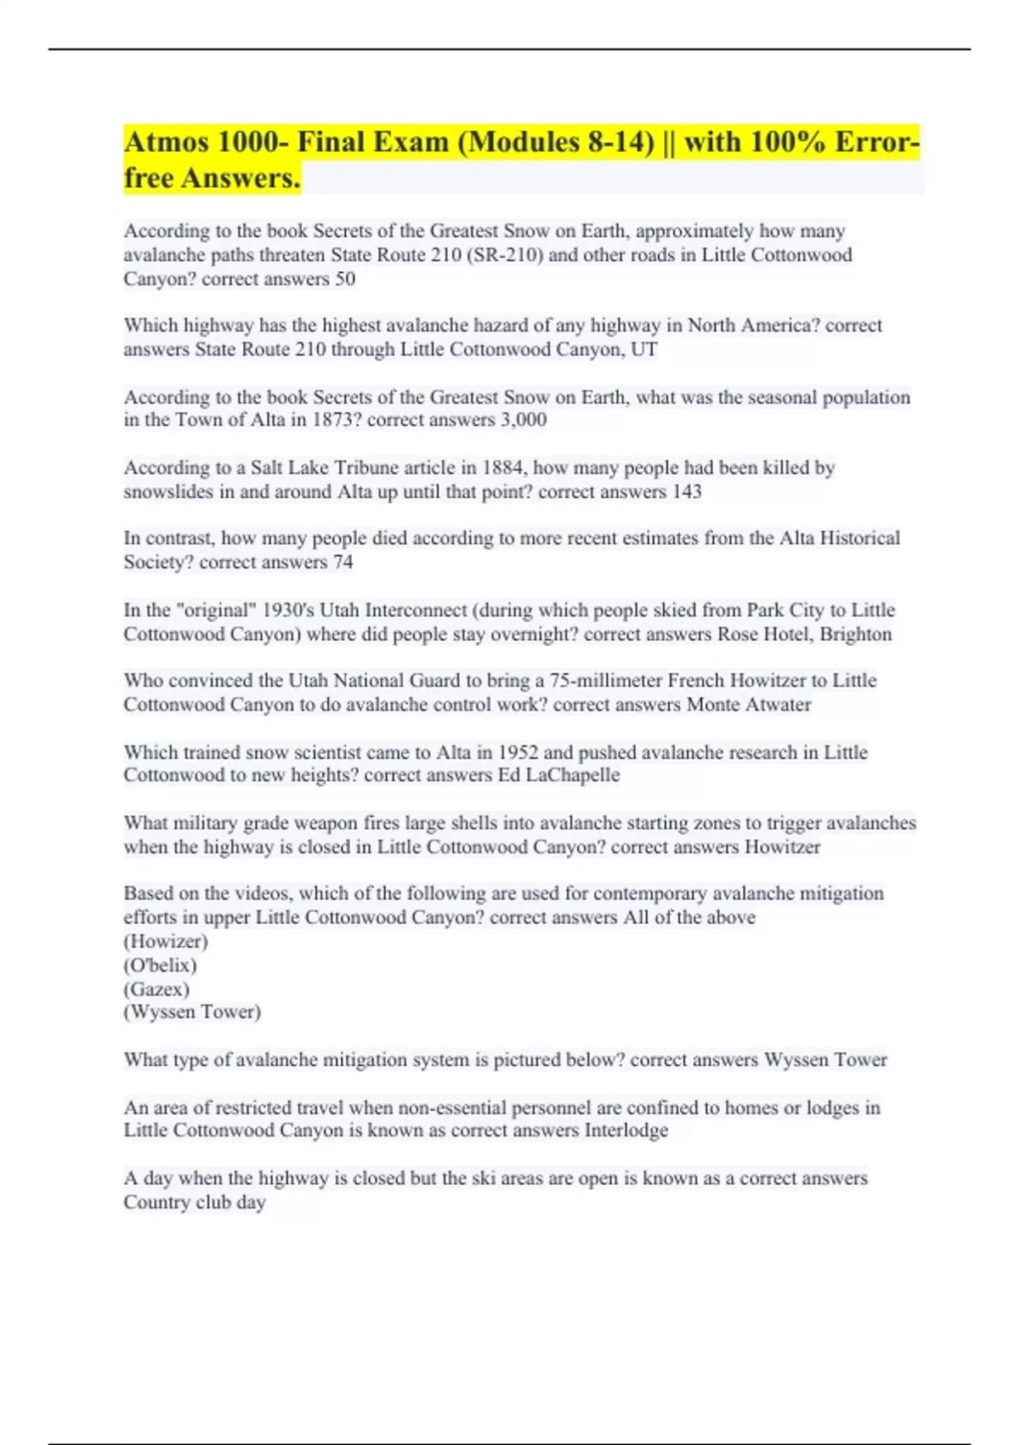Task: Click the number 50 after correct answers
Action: point(345,279)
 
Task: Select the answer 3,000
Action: point(524,420)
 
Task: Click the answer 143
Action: point(687,491)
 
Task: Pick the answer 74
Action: point(343,562)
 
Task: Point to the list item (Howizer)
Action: point(166,941)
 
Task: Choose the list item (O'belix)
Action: point(160,965)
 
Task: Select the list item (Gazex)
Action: point(156,989)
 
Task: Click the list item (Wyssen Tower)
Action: point(192,1011)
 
